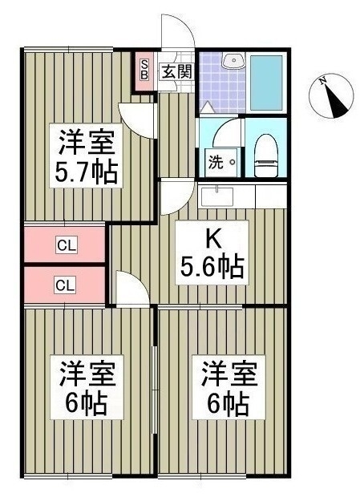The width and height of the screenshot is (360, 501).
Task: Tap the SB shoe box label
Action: (x=144, y=70)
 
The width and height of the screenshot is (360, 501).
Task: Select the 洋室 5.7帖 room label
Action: (x=86, y=156)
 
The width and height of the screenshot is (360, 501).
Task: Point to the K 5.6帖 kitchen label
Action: (x=212, y=253)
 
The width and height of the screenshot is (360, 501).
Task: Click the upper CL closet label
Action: (x=67, y=245)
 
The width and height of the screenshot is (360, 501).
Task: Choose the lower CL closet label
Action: (x=65, y=285)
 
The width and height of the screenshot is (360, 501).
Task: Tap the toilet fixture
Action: (x=266, y=156)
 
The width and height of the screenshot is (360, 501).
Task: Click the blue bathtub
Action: (x=266, y=83)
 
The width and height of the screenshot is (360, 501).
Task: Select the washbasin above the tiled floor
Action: (x=233, y=61)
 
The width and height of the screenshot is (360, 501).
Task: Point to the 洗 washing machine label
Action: (x=216, y=163)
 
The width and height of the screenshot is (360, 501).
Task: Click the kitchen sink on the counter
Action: (x=217, y=196)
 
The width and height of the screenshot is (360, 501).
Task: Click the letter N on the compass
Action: (x=324, y=81)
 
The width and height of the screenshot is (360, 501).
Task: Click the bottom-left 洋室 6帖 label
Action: (x=87, y=386)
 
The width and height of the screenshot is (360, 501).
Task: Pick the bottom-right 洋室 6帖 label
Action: (x=229, y=386)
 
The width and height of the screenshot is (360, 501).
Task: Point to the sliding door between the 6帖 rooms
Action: (x=155, y=389)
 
